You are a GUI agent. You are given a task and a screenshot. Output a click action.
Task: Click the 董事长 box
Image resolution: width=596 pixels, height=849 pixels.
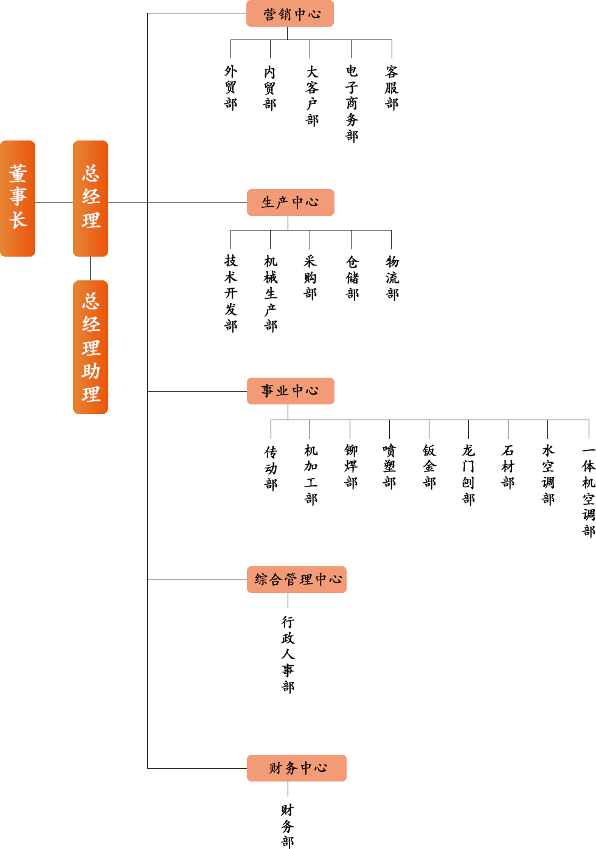click(18, 198)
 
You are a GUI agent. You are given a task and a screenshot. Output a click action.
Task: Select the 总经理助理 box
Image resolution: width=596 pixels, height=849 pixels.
click(91, 347)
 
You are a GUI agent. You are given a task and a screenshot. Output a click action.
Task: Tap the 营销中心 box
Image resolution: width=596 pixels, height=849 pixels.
click(290, 14)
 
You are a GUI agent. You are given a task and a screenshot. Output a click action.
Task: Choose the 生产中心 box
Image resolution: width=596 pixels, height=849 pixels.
click(291, 203)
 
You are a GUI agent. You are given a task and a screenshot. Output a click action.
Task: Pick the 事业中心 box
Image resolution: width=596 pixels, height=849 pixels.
click(291, 391)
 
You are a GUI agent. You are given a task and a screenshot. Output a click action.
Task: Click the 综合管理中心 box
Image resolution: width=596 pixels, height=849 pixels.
click(297, 580)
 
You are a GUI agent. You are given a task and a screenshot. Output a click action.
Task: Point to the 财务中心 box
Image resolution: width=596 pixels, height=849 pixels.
click(297, 768)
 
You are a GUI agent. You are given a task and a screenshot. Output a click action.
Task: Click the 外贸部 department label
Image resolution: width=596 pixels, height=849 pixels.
click(231, 88)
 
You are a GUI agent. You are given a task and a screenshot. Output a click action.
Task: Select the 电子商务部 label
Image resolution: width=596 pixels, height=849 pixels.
click(352, 103)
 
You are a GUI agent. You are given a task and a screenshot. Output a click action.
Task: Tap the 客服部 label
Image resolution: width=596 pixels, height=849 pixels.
click(392, 88)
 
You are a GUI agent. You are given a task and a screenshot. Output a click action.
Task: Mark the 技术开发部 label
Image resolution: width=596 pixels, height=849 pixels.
click(231, 293)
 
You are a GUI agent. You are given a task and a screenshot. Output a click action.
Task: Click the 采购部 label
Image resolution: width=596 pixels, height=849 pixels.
click(310, 277)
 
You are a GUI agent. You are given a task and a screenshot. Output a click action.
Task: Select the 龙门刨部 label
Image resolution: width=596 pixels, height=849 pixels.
click(468, 474)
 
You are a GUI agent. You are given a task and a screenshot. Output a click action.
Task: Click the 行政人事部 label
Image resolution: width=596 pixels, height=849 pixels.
click(288, 654)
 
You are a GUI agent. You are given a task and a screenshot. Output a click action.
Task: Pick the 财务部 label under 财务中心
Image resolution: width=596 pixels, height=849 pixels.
click(288, 825)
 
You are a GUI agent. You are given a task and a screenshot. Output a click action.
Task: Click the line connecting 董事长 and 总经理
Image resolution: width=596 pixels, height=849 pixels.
click(54, 202)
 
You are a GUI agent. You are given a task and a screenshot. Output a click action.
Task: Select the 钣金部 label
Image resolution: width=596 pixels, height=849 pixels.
click(429, 466)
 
